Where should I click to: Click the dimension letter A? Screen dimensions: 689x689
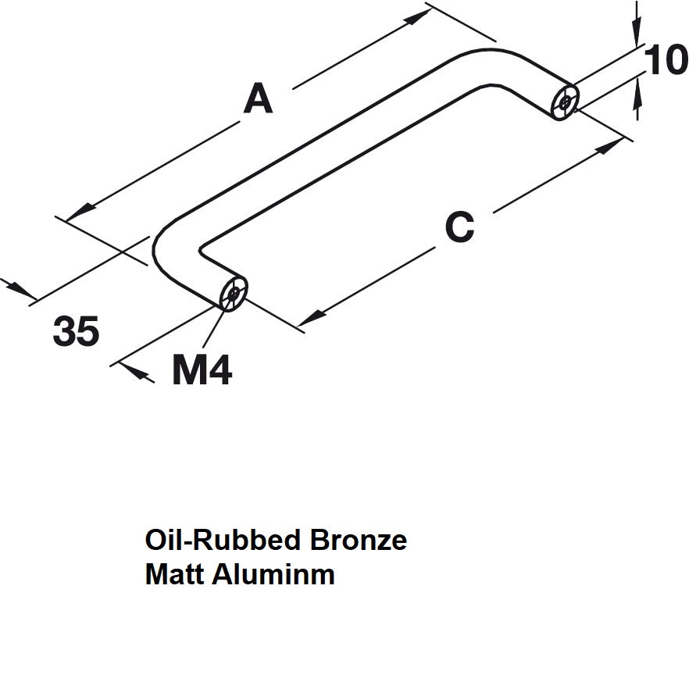click(259, 100)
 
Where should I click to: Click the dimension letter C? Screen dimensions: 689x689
click(459, 227)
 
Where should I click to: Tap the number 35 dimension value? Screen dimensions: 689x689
click(77, 332)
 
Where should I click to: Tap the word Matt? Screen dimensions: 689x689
click(173, 575)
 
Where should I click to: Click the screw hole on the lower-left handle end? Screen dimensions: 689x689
click(233, 295)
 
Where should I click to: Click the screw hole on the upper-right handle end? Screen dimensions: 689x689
click(564, 102)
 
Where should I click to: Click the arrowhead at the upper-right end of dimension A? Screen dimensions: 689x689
click(417, 19)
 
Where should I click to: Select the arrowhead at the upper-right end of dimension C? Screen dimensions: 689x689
click(609, 146)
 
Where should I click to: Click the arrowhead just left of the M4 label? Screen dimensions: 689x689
click(141, 374)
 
